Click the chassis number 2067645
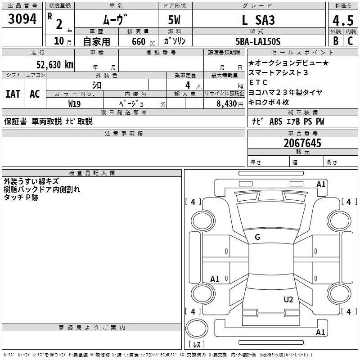click(302, 143)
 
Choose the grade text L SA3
click(258, 20)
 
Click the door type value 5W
click(175, 20)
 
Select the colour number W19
click(75, 103)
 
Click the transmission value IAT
click(13, 94)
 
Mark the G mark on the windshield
click(257, 237)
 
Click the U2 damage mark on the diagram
click(288, 299)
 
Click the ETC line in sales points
click(258, 82)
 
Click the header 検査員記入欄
click(92, 173)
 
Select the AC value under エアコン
click(35, 94)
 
